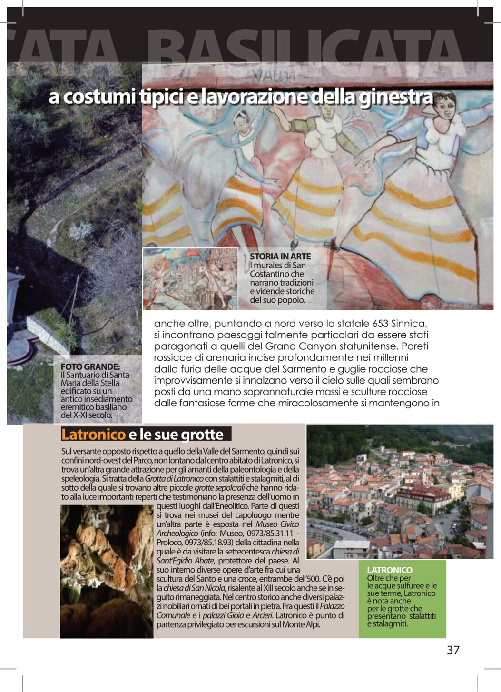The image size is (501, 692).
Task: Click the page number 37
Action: [452, 650]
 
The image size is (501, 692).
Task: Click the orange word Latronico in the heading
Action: [93, 435]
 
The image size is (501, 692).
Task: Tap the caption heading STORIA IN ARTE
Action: [280, 256]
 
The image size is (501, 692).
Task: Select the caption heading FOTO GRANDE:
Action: [90, 367]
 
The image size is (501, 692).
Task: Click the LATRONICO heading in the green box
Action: [390, 570]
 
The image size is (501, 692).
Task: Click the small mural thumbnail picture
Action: [190, 279]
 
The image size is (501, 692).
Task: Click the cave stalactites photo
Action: [107, 571]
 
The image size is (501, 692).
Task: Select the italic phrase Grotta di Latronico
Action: [174, 478]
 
